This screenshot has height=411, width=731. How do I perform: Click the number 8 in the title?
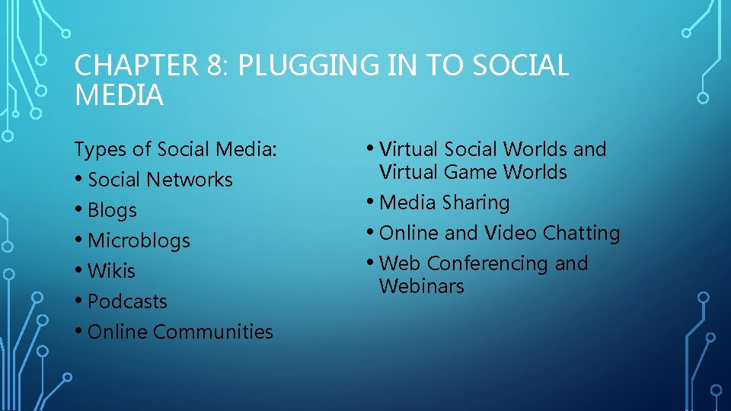click(213, 66)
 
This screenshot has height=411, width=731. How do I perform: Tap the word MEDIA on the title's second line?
click(119, 96)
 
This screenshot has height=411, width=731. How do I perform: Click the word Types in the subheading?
click(98, 149)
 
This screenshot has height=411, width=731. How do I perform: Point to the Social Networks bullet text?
click(160, 180)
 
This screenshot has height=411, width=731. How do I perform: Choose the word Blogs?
click(112, 210)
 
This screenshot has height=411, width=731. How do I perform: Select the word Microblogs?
click(139, 241)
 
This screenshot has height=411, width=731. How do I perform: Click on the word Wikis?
click(111, 271)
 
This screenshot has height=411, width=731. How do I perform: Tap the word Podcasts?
click(127, 301)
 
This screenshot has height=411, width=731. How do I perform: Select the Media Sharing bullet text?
click(444, 202)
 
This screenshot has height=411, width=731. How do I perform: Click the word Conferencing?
click(487, 263)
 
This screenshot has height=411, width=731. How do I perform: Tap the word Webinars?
click(421, 286)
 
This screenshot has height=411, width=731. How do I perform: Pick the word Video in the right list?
click(507, 233)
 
